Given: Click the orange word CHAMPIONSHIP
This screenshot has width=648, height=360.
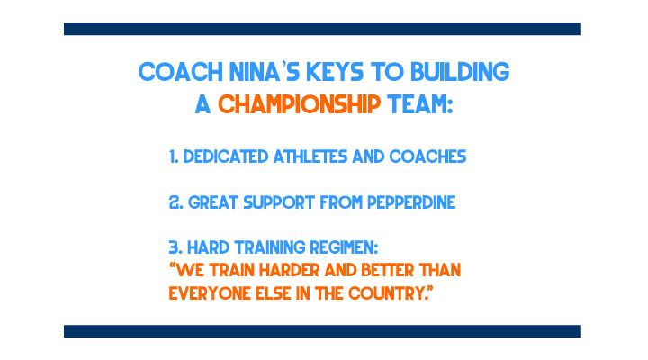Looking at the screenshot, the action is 299,104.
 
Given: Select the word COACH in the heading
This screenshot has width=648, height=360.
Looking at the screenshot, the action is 181,72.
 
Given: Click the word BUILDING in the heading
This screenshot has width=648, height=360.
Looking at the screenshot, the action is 460,72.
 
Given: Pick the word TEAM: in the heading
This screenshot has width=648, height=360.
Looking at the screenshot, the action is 420,104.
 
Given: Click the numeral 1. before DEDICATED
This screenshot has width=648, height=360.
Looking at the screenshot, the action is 174,157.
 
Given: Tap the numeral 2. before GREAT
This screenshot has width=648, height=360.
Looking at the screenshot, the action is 176,202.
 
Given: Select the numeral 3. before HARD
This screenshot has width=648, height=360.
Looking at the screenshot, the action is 175,248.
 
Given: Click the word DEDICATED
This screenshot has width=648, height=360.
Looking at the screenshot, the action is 226,157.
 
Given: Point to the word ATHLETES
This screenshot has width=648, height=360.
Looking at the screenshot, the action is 312,157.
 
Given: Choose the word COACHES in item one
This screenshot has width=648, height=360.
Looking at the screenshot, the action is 427,157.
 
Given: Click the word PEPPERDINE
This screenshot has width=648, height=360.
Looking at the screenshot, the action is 411,202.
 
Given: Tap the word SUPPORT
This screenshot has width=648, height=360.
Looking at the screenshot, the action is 279,202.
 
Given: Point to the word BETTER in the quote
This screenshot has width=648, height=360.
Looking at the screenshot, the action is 388,270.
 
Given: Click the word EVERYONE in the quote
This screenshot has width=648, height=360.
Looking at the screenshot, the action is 210,293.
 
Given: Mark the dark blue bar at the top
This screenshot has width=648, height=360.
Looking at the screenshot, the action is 322,29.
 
